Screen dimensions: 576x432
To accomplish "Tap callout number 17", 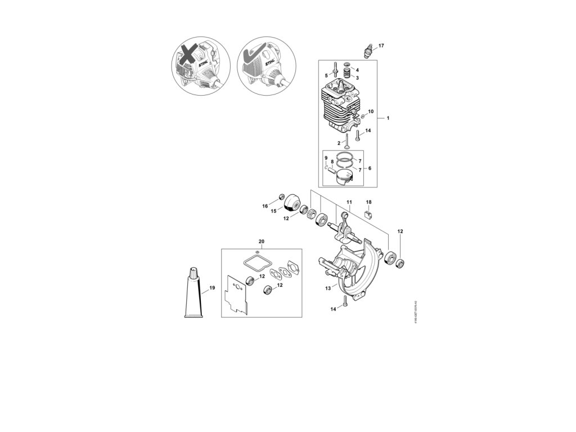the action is [381, 45].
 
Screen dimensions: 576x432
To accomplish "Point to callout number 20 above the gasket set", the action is [261, 241].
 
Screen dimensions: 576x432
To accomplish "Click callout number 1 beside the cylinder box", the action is [388, 119].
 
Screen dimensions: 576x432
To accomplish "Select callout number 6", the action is [370, 168].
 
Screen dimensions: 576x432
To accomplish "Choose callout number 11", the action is [349, 202].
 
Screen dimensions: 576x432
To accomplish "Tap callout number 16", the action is [265, 206].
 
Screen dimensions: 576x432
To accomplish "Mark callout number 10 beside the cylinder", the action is [371, 111].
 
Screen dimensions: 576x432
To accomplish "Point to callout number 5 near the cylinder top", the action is [326, 75].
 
